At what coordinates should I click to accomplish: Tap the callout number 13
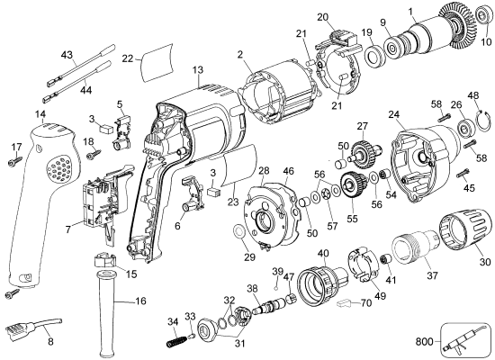pos(198,69)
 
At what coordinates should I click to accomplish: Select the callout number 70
pos(365,303)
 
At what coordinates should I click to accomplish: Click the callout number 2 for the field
pos(241,55)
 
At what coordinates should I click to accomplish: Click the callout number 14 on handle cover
pos(40,114)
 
